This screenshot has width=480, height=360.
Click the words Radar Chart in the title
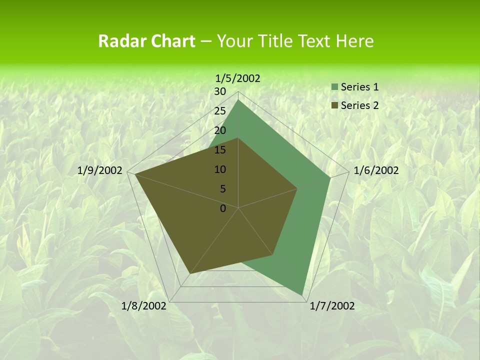pyautogui.click(x=146, y=41)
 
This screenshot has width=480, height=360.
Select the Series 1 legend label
pyautogui.click(x=359, y=87)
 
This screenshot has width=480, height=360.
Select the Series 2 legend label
pyautogui.click(x=359, y=105)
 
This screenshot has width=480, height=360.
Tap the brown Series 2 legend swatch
pyautogui.click(x=334, y=106)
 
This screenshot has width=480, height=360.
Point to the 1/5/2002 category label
pyautogui.click(x=238, y=78)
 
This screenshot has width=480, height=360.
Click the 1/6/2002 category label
pyautogui.click(x=376, y=170)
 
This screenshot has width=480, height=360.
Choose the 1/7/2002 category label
pyautogui.click(x=332, y=306)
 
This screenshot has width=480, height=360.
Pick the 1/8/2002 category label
pyautogui.click(x=144, y=306)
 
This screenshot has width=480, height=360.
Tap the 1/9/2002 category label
pyautogui.click(x=100, y=170)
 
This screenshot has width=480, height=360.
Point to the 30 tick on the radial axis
pyautogui.click(x=220, y=92)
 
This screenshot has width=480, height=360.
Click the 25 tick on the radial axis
pyautogui.click(x=220, y=111)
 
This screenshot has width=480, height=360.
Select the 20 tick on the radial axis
pyautogui.click(x=220, y=131)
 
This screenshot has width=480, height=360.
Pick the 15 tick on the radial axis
pyautogui.click(x=220, y=150)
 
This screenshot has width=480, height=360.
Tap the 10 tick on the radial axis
pyautogui.click(x=220, y=170)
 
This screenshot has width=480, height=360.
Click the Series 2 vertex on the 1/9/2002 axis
pyautogui.click(x=135, y=174)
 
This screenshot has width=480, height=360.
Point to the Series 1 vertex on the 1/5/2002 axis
pyautogui.click(x=238, y=100)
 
